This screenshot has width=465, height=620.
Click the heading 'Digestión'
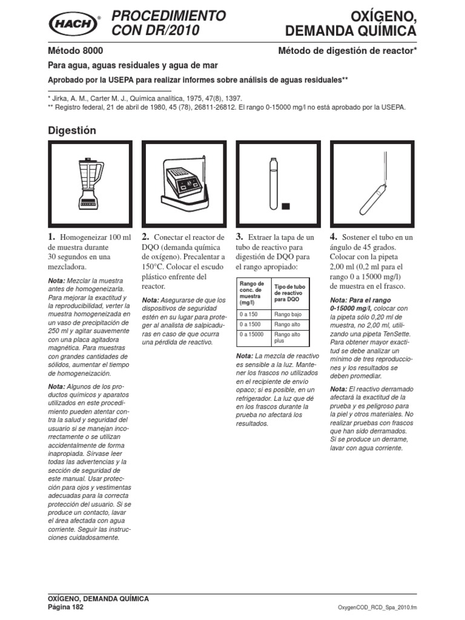71,130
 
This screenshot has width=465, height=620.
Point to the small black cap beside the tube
286,206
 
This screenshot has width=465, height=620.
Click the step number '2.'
146,237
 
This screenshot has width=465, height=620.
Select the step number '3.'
240,237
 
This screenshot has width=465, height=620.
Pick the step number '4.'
334,237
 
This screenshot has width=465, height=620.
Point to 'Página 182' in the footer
65,607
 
